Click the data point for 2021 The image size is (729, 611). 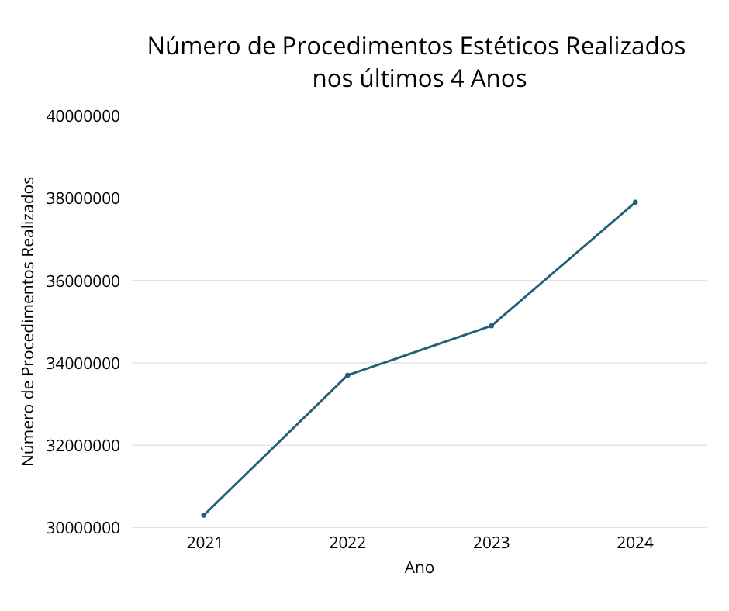pos(204,515)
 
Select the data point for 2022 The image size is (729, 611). pos(347,375)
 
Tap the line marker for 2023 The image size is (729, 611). pos(492,326)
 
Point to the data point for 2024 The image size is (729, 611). pos(635,202)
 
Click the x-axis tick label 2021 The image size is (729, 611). pos(204,543)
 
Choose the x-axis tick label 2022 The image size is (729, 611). pos(347,543)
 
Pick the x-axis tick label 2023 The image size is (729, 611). pos(492,543)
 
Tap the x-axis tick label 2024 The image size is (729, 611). pos(635,543)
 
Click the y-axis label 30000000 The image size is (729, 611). pos(83,528)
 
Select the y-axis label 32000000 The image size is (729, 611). pos(83,446)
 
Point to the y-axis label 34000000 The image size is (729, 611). pos(83,363)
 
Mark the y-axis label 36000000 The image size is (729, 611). pos(83,281)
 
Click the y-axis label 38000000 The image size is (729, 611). pos(83,198)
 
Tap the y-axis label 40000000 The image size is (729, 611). pos(83,116)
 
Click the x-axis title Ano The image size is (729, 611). pos(420,568)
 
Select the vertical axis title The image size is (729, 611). pos(28,321)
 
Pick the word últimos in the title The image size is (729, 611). pos(396,79)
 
